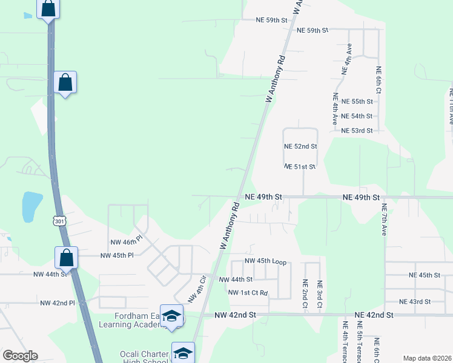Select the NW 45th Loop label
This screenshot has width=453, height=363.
pyautogui.click(x=265, y=261)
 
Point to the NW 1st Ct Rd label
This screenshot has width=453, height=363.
pyautogui.click(x=248, y=293)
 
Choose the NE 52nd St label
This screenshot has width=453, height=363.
pyautogui.click(x=300, y=146)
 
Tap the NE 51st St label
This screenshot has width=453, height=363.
pyautogui.click(x=300, y=167)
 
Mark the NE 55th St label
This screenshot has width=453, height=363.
pyautogui.click(x=357, y=102)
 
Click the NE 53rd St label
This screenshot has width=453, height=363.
pyautogui.click(x=357, y=131)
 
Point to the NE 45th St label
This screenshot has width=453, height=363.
pyautogui.click(x=424, y=275)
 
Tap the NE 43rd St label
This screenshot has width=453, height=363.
pyautogui.click(x=415, y=301)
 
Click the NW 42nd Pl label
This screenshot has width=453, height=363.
pyautogui.click(x=57, y=302)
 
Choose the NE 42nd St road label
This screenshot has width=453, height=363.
pyautogui.click(x=374, y=315)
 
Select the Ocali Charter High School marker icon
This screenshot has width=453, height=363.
pyautogui.click(x=182, y=352)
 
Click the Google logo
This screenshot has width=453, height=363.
pyautogui.click(x=20, y=356)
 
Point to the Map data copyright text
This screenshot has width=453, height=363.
pyautogui.click(x=426, y=358)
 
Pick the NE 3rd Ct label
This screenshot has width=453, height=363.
pyautogui.click(x=320, y=293)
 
